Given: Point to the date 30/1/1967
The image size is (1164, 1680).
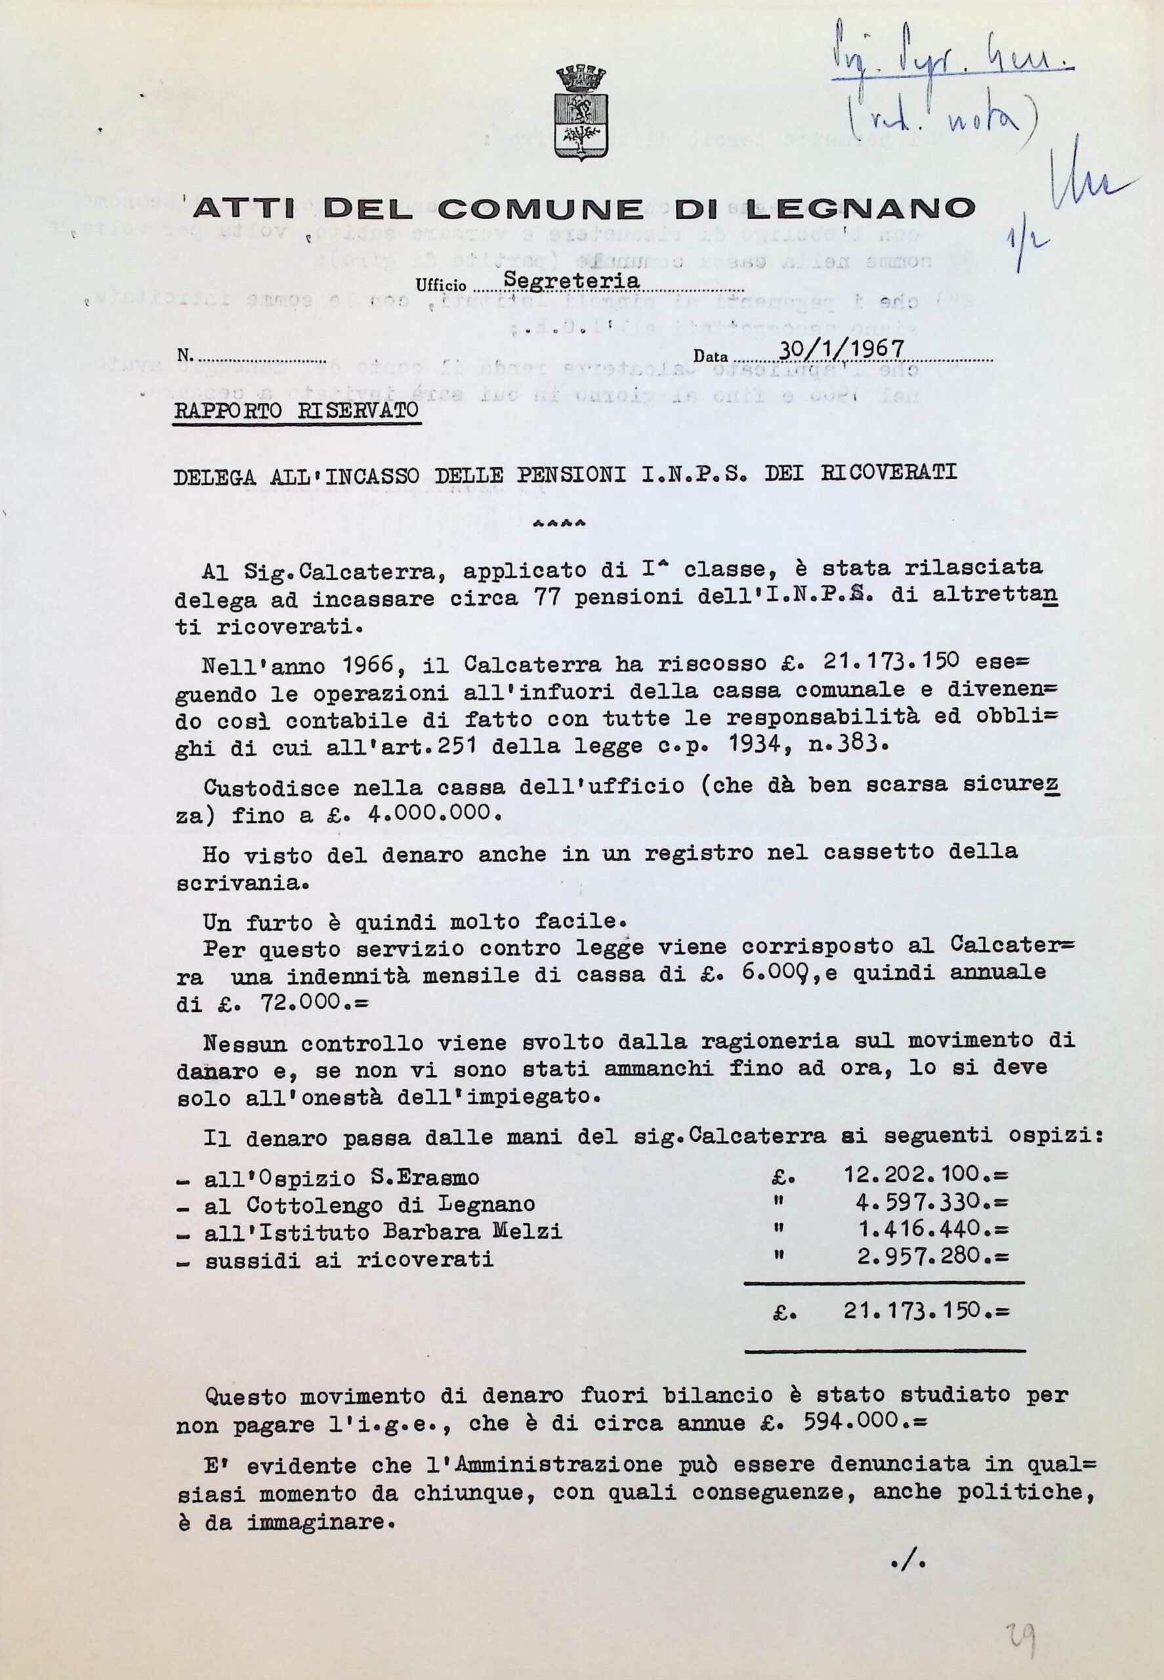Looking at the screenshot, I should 842,350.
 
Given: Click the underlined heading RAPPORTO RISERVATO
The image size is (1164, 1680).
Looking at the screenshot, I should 296,410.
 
